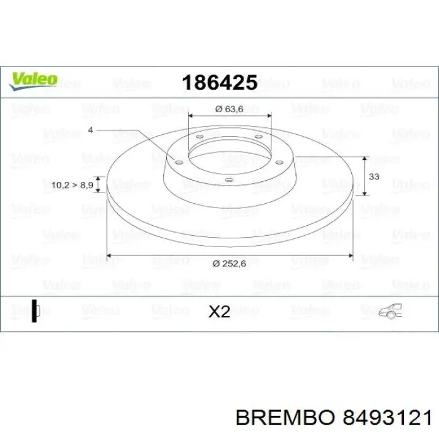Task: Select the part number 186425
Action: (219, 82)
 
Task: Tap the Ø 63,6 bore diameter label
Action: (228, 108)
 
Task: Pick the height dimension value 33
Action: (374, 177)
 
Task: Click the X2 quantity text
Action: (219, 311)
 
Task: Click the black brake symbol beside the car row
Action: (34, 310)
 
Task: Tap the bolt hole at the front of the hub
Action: (228, 182)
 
